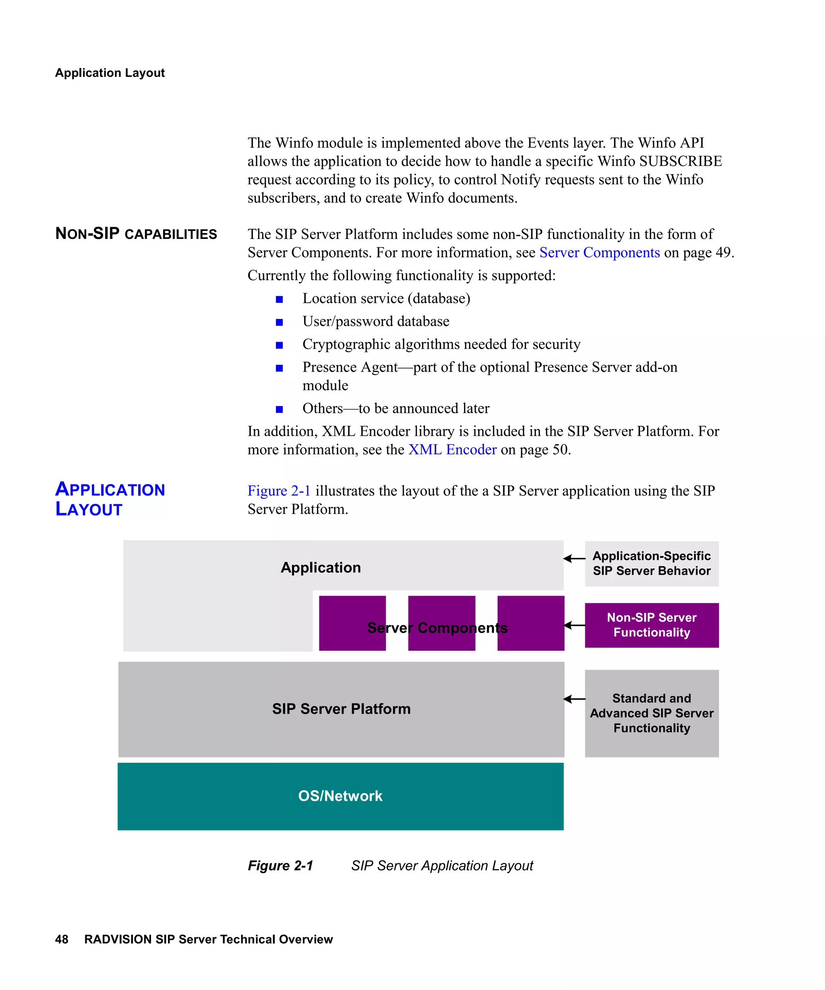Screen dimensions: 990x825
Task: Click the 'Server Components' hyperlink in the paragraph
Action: pos(599,253)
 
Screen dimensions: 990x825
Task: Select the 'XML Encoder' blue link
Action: pos(452,450)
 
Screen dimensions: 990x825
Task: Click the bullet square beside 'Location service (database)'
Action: pos(279,299)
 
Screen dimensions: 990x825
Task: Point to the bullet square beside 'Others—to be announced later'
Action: pos(279,409)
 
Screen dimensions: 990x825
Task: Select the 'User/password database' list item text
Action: pos(376,321)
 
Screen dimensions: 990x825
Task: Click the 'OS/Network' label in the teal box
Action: pos(340,796)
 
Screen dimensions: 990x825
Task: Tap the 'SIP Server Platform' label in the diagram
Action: pos(341,709)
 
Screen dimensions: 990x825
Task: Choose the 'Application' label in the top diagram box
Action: pos(321,567)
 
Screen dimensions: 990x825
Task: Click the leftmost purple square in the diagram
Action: pos(352,623)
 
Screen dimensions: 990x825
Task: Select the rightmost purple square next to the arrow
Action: pos(531,623)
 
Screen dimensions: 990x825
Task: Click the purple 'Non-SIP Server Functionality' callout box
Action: pos(651,625)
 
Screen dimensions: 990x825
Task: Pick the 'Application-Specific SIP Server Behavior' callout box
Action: pos(651,563)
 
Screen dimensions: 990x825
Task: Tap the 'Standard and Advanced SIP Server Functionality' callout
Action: pos(651,713)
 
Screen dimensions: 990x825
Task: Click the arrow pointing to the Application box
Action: pos(574,559)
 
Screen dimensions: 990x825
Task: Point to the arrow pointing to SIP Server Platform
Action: pos(574,699)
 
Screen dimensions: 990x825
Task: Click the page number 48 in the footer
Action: pos(62,940)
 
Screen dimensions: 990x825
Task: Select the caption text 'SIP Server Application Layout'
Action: pos(442,866)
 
